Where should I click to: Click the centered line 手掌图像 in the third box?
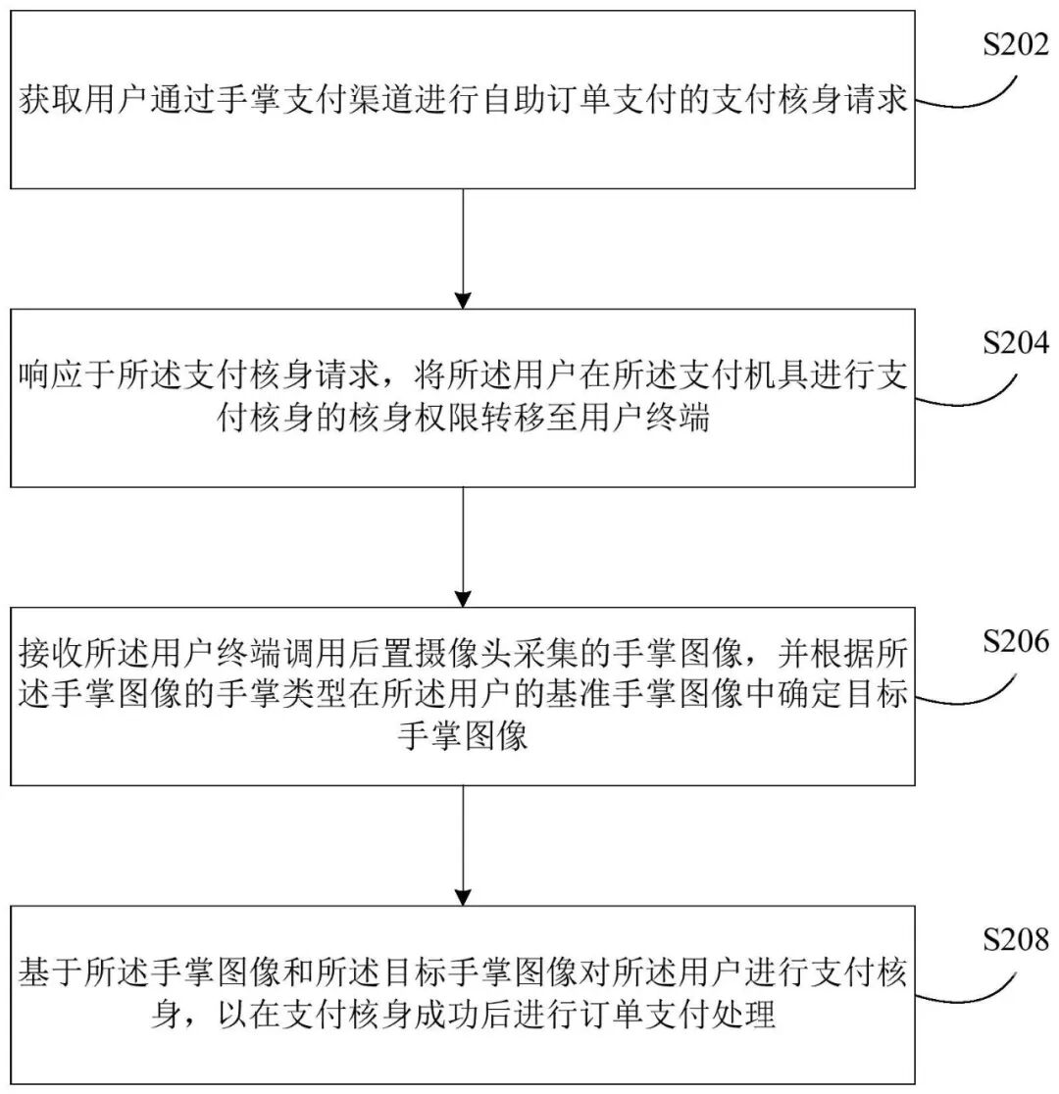(463, 737)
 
